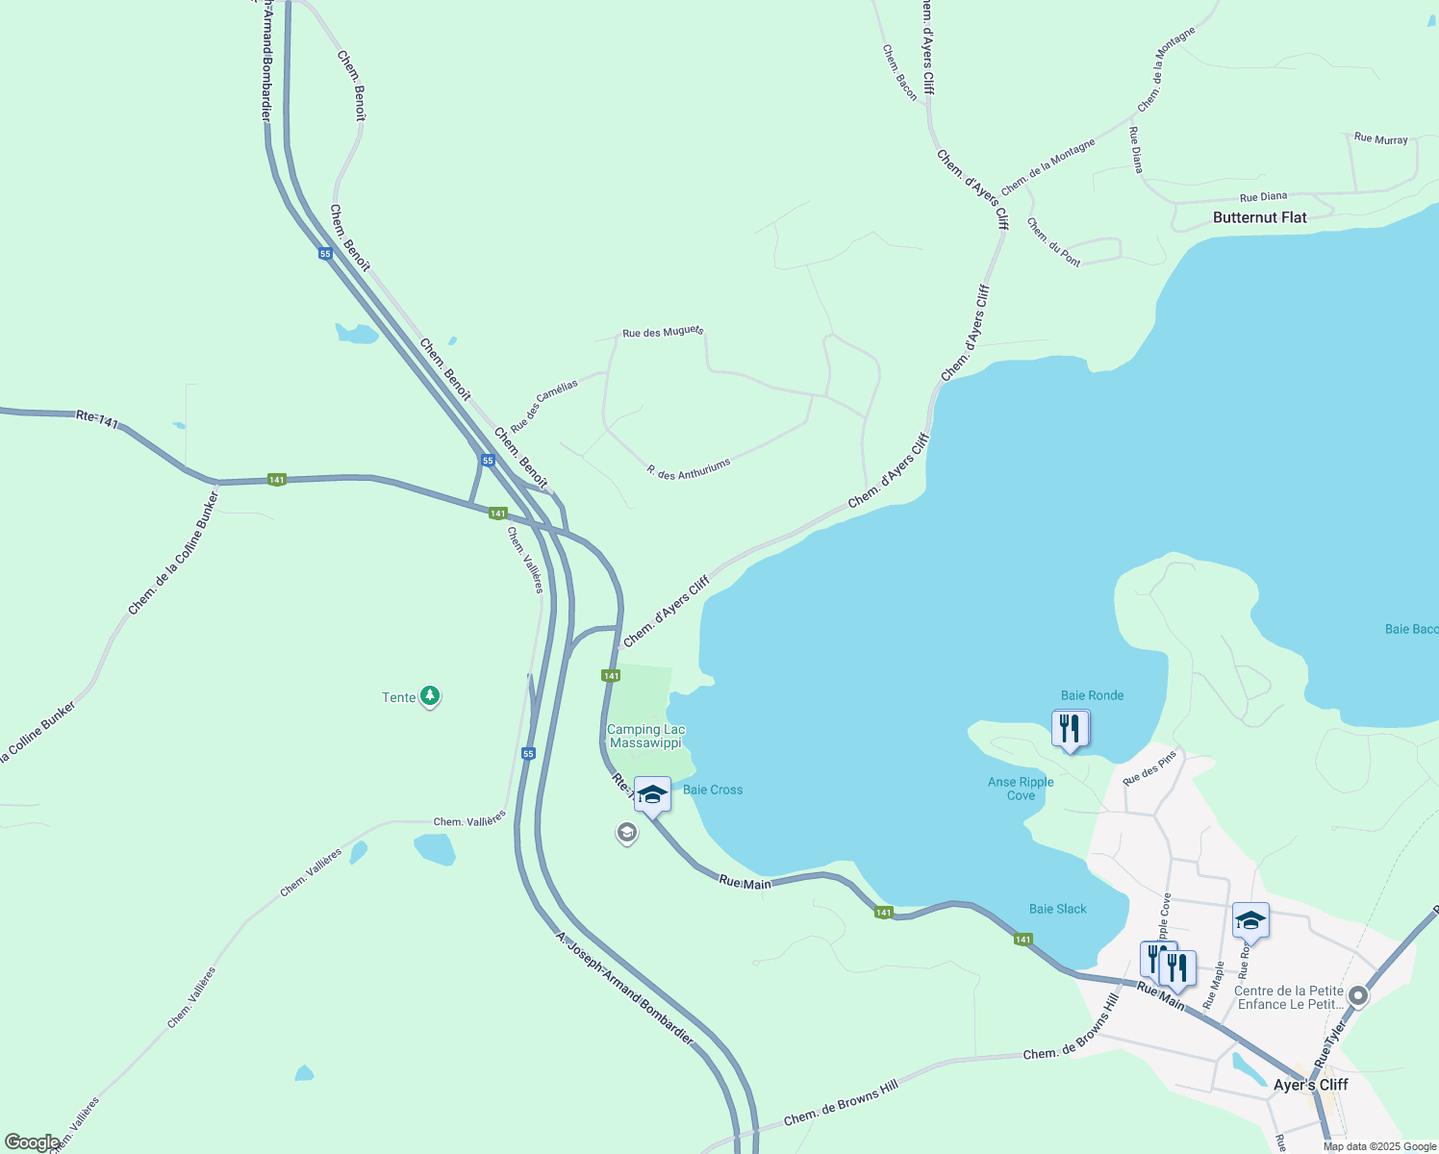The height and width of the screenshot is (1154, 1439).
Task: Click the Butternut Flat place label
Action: point(1259,217)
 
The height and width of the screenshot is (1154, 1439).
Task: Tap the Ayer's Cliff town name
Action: point(1310,1085)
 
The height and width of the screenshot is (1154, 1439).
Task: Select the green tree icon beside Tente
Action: point(430,696)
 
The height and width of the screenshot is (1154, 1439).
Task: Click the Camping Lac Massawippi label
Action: point(645,736)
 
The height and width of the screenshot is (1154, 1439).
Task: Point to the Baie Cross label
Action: point(712,790)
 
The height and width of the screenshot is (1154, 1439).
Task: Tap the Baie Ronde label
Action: point(1092,695)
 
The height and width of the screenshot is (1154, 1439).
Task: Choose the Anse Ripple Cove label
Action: point(1021,789)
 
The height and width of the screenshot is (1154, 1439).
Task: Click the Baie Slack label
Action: point(1057,909)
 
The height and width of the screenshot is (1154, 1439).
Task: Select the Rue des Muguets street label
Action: point(663,333)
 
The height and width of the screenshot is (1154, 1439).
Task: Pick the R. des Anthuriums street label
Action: point(689,469)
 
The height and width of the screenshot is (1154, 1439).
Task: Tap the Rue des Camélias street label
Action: point(544,406)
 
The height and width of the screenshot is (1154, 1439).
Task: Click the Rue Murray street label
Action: point(1380,138)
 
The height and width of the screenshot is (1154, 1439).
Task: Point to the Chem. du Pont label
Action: point(1053,242)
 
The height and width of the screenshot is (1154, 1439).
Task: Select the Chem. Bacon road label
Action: point(900,72)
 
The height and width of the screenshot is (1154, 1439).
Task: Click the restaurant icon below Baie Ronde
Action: point(1070,729)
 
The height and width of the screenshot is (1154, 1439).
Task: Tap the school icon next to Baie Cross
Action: point(652,794)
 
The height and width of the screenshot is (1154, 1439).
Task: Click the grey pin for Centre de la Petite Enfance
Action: point(1357,996)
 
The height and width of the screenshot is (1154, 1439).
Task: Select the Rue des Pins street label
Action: point(1149,767)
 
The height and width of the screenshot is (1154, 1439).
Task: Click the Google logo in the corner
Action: point(32,1142)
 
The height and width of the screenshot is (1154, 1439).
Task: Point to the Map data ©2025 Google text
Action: point(1378,1146)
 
